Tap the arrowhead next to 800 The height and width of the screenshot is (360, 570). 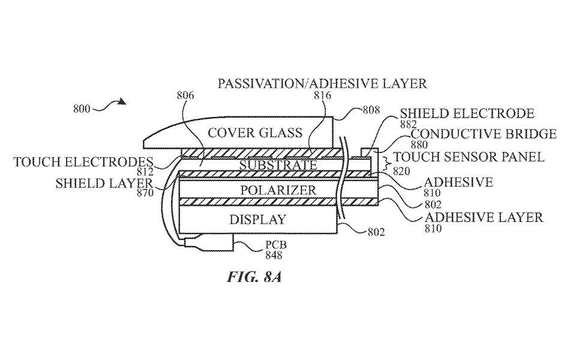(x=122, y=102)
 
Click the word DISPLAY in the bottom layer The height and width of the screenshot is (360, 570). (x=257, y=219)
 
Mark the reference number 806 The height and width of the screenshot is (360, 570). (x=186, y=95)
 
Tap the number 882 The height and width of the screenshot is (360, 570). (x=410, y=124)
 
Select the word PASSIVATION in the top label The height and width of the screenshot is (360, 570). (x=247, y=83)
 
